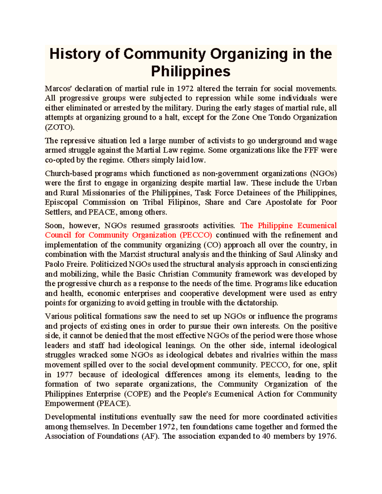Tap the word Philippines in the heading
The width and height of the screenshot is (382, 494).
pyautogui.click(x=190, y=71)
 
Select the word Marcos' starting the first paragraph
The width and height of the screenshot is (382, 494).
pyautogui.click(x=57, y=88)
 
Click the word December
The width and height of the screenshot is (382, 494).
pyautogui.click(x=139, y=427)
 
